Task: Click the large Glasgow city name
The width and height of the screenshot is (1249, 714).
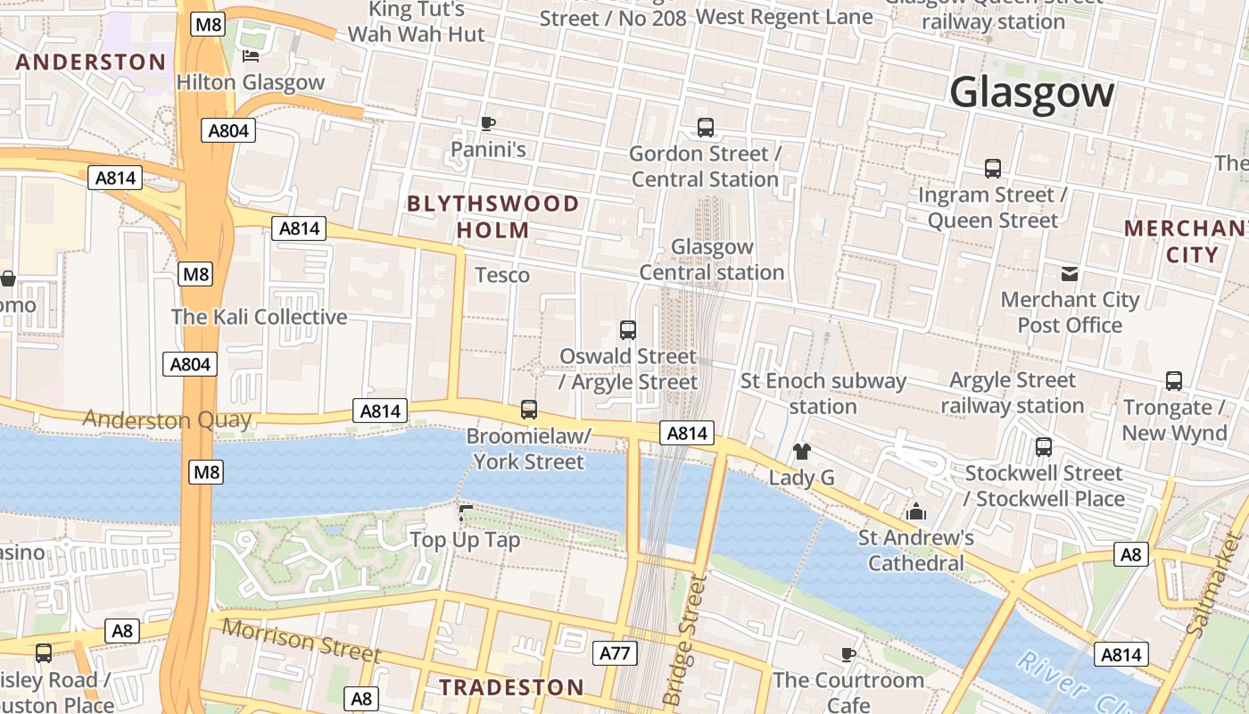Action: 1032,93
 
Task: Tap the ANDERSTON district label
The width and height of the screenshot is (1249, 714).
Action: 91,62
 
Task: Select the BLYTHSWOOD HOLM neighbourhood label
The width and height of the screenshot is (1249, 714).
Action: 493,217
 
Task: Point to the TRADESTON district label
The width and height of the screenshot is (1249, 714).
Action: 512,687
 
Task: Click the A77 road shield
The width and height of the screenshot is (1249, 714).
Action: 615,653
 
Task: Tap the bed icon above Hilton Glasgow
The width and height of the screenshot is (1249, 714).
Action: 251,57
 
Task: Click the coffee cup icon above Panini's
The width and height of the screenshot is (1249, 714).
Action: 487,123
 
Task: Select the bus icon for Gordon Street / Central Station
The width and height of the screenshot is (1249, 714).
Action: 706,128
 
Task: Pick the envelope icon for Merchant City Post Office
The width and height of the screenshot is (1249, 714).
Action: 1070,274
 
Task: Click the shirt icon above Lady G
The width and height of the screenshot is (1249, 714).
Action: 802,452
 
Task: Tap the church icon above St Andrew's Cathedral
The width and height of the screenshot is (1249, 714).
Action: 916,512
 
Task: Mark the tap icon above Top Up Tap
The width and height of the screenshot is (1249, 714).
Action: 464,513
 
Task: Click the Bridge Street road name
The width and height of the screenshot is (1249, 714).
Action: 685,640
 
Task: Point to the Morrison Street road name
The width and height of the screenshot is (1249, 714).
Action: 301,641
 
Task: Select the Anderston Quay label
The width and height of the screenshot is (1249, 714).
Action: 167,419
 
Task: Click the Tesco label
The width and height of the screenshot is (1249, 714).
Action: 502,275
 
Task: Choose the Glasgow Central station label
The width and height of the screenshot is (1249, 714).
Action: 712,259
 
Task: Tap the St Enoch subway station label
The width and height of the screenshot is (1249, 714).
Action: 823,394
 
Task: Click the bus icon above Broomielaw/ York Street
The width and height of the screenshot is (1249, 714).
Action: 529,410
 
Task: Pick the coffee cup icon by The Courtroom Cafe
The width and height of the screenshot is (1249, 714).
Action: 848,654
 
